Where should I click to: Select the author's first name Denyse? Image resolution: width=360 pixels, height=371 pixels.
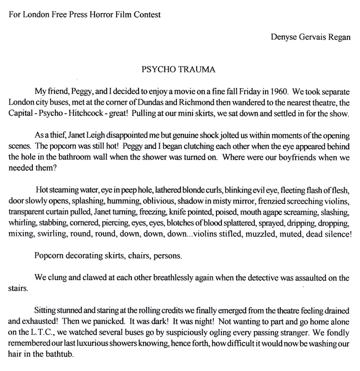[284, 37]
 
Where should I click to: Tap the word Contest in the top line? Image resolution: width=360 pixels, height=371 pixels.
[147, 13]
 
